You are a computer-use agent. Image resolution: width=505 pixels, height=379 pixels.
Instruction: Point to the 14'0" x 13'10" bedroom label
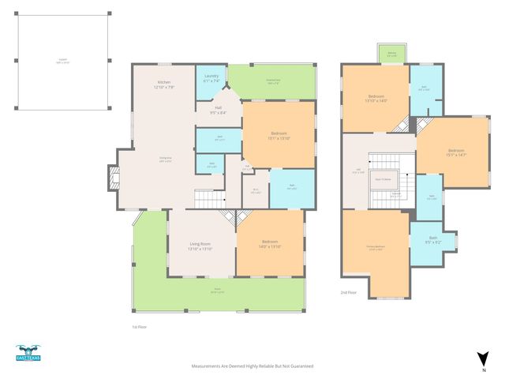coord(270,244)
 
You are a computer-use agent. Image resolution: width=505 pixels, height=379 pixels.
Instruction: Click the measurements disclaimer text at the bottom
coord(252,366)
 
